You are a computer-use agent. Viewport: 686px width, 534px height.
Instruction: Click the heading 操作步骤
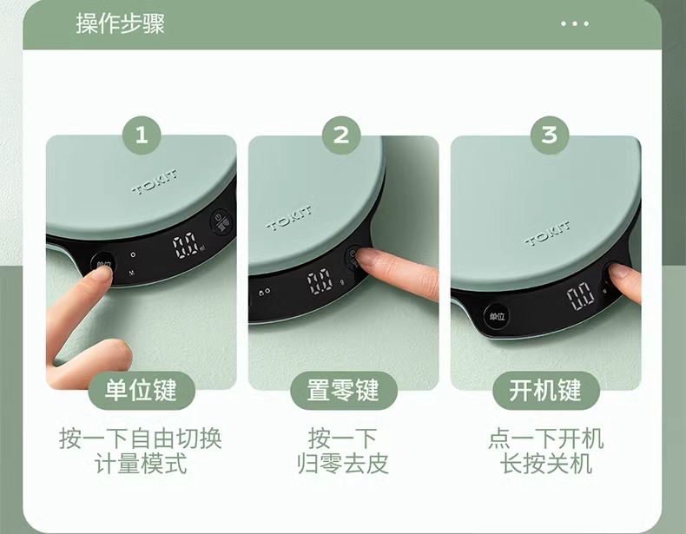[x=121, y=23]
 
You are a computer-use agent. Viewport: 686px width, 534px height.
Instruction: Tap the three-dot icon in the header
[x=575, y=23]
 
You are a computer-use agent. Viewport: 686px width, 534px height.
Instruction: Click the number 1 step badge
[x=142, y=135]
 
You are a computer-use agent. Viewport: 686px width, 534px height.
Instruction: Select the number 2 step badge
[x=341, y=135]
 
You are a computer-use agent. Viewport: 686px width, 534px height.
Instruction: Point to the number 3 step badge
[x=550, y=135]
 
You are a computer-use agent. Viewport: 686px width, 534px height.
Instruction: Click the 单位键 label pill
[x=142, y=390]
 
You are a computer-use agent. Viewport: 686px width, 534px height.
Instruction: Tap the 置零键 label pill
[x=344, y=390]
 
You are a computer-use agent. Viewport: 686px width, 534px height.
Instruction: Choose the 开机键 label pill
[x=545, y=390]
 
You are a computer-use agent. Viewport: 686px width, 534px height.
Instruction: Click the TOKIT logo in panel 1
[x=155, y=182]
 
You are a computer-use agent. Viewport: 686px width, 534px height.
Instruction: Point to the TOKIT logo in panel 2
[x=289, y=218]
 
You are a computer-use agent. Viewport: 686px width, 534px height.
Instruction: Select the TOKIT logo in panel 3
[x=548, y=234]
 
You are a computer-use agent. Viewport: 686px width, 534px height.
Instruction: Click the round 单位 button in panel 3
[x=497, y=316]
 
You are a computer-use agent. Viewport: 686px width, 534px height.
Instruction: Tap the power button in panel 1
[x=221, y=221]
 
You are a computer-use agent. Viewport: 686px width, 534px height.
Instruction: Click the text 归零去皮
[x=343, y=464]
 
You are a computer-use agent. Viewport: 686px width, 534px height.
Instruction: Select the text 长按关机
[x=546, y=464]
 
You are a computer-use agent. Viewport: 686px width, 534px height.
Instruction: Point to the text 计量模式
[x=141, y=464]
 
